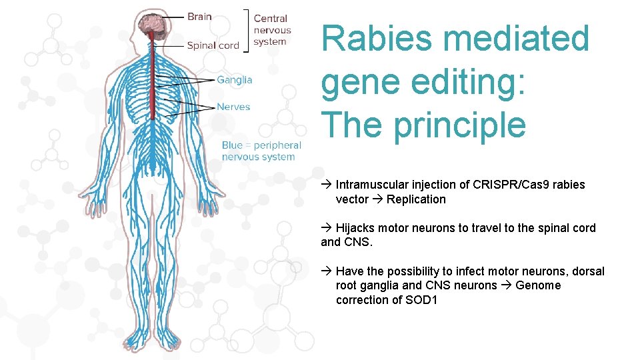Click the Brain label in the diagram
pyautogui.click(x=199, y=17)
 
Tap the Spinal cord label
pyautogui.click(x=213, y=45)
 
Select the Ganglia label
pyautogui.click(x=235, y=80)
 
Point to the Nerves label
pyautogui.click(x=233, y=107)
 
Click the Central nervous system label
pyautogui.click(x=272, y=30)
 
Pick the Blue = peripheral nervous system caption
pyautogui.click(x=261, y=151)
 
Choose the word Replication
pyautogui.click(x=416, y=199)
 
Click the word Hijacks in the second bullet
pyautogui.click(x=353, y=228)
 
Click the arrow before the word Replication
pyautogui.click(x=377, y=199)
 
